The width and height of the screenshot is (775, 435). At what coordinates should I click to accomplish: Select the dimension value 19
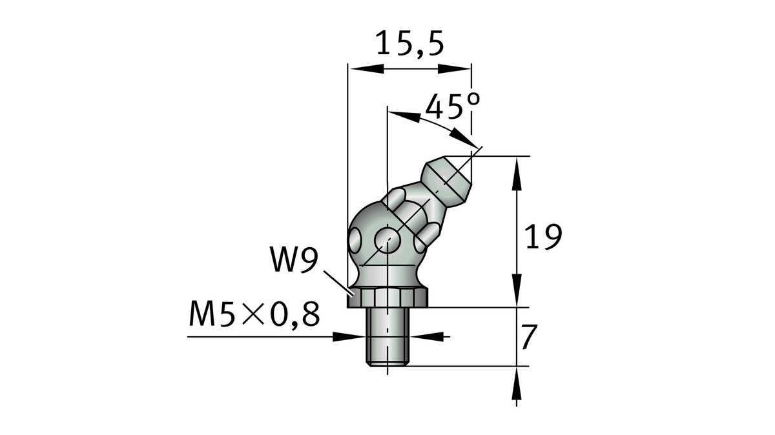[542, 237]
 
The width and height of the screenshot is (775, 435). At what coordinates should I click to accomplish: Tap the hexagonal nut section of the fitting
[387, 298]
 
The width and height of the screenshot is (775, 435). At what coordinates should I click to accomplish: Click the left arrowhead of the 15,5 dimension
[357, 68]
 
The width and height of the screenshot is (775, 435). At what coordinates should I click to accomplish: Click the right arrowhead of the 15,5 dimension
[461, 68]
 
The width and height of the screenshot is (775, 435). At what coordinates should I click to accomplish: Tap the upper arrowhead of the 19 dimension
[517, 172]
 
